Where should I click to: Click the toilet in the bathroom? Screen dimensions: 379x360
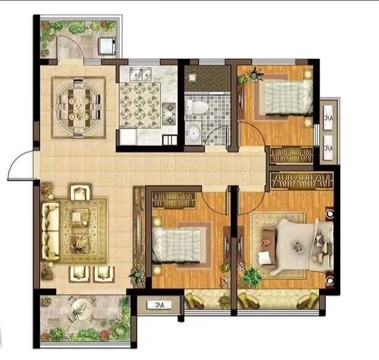pos(197,107)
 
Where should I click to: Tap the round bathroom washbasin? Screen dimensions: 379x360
pos(192,133)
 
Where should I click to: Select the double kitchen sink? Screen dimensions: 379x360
pos(140,73)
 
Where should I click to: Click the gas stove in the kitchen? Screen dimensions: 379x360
pos(169,113)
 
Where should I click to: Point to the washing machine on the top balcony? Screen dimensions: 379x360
pos(107,46)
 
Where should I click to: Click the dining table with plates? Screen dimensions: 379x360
pos(79,108)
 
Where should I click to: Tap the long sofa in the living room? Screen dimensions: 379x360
pos(50,232)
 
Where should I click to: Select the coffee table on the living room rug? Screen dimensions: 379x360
pos(80,230)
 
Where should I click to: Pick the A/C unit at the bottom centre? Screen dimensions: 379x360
pos(160,305)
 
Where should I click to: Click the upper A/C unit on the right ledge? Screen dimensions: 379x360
pos(329,118)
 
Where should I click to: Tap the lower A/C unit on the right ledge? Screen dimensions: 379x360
pos(329,148)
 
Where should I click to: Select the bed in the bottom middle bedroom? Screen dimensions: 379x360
pos(177,245)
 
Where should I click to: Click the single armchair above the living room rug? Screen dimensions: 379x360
pos(80,192)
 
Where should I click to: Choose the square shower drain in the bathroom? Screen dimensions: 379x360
pos(192,77)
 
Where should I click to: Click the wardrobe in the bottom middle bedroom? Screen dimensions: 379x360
pos(173,200)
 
